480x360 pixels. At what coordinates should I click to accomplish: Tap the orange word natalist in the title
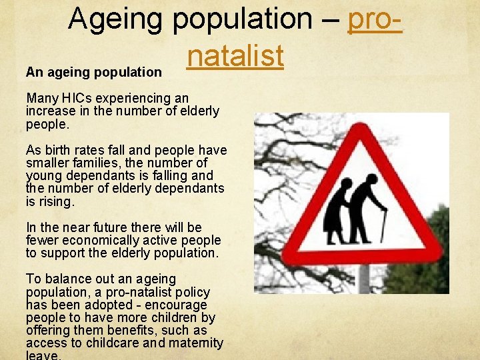235,55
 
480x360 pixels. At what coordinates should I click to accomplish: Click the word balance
65,279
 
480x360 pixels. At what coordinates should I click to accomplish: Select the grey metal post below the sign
364,279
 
